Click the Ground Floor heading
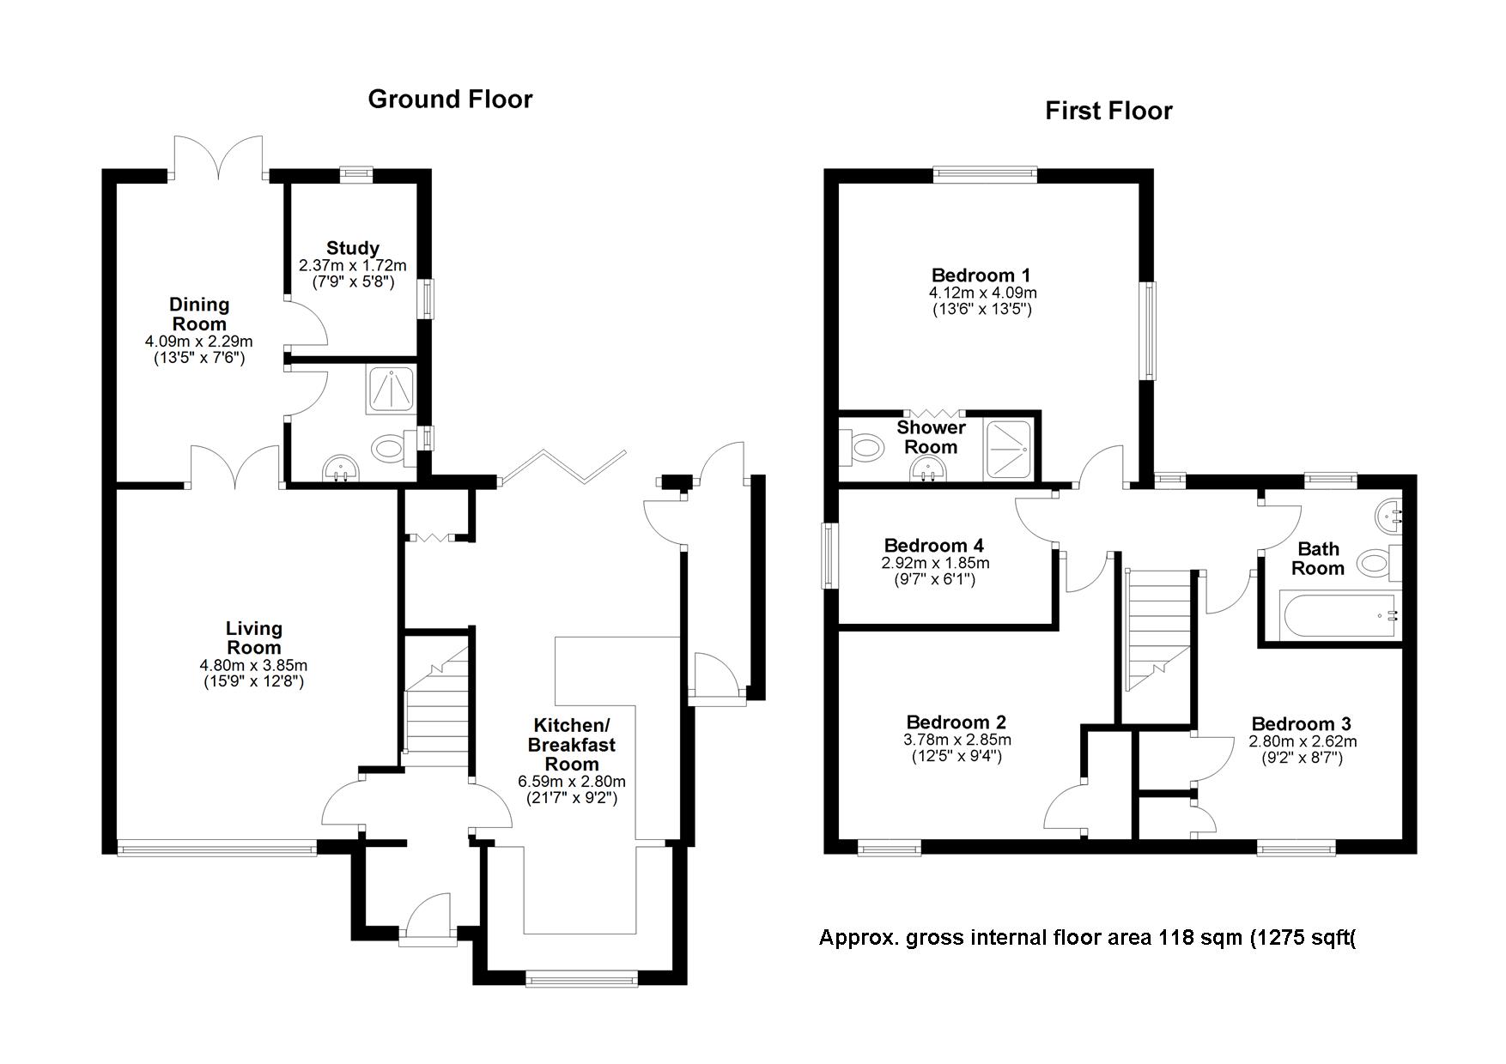tap(450, 100)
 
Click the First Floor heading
tap(1108, 112)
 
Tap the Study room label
tap(351, 249)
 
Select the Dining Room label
tap(199, 314)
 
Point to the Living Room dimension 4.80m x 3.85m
tap(253, 665)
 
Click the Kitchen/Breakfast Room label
tap(571, 744)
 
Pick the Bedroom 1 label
tap(981, 275)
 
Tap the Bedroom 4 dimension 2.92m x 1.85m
tap(934, 564)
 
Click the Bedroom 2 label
tap(956, 722)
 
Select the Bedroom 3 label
tap(1301, 724)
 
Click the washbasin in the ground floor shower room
tap(342, 469)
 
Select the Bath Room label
tap(1317, 559)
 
